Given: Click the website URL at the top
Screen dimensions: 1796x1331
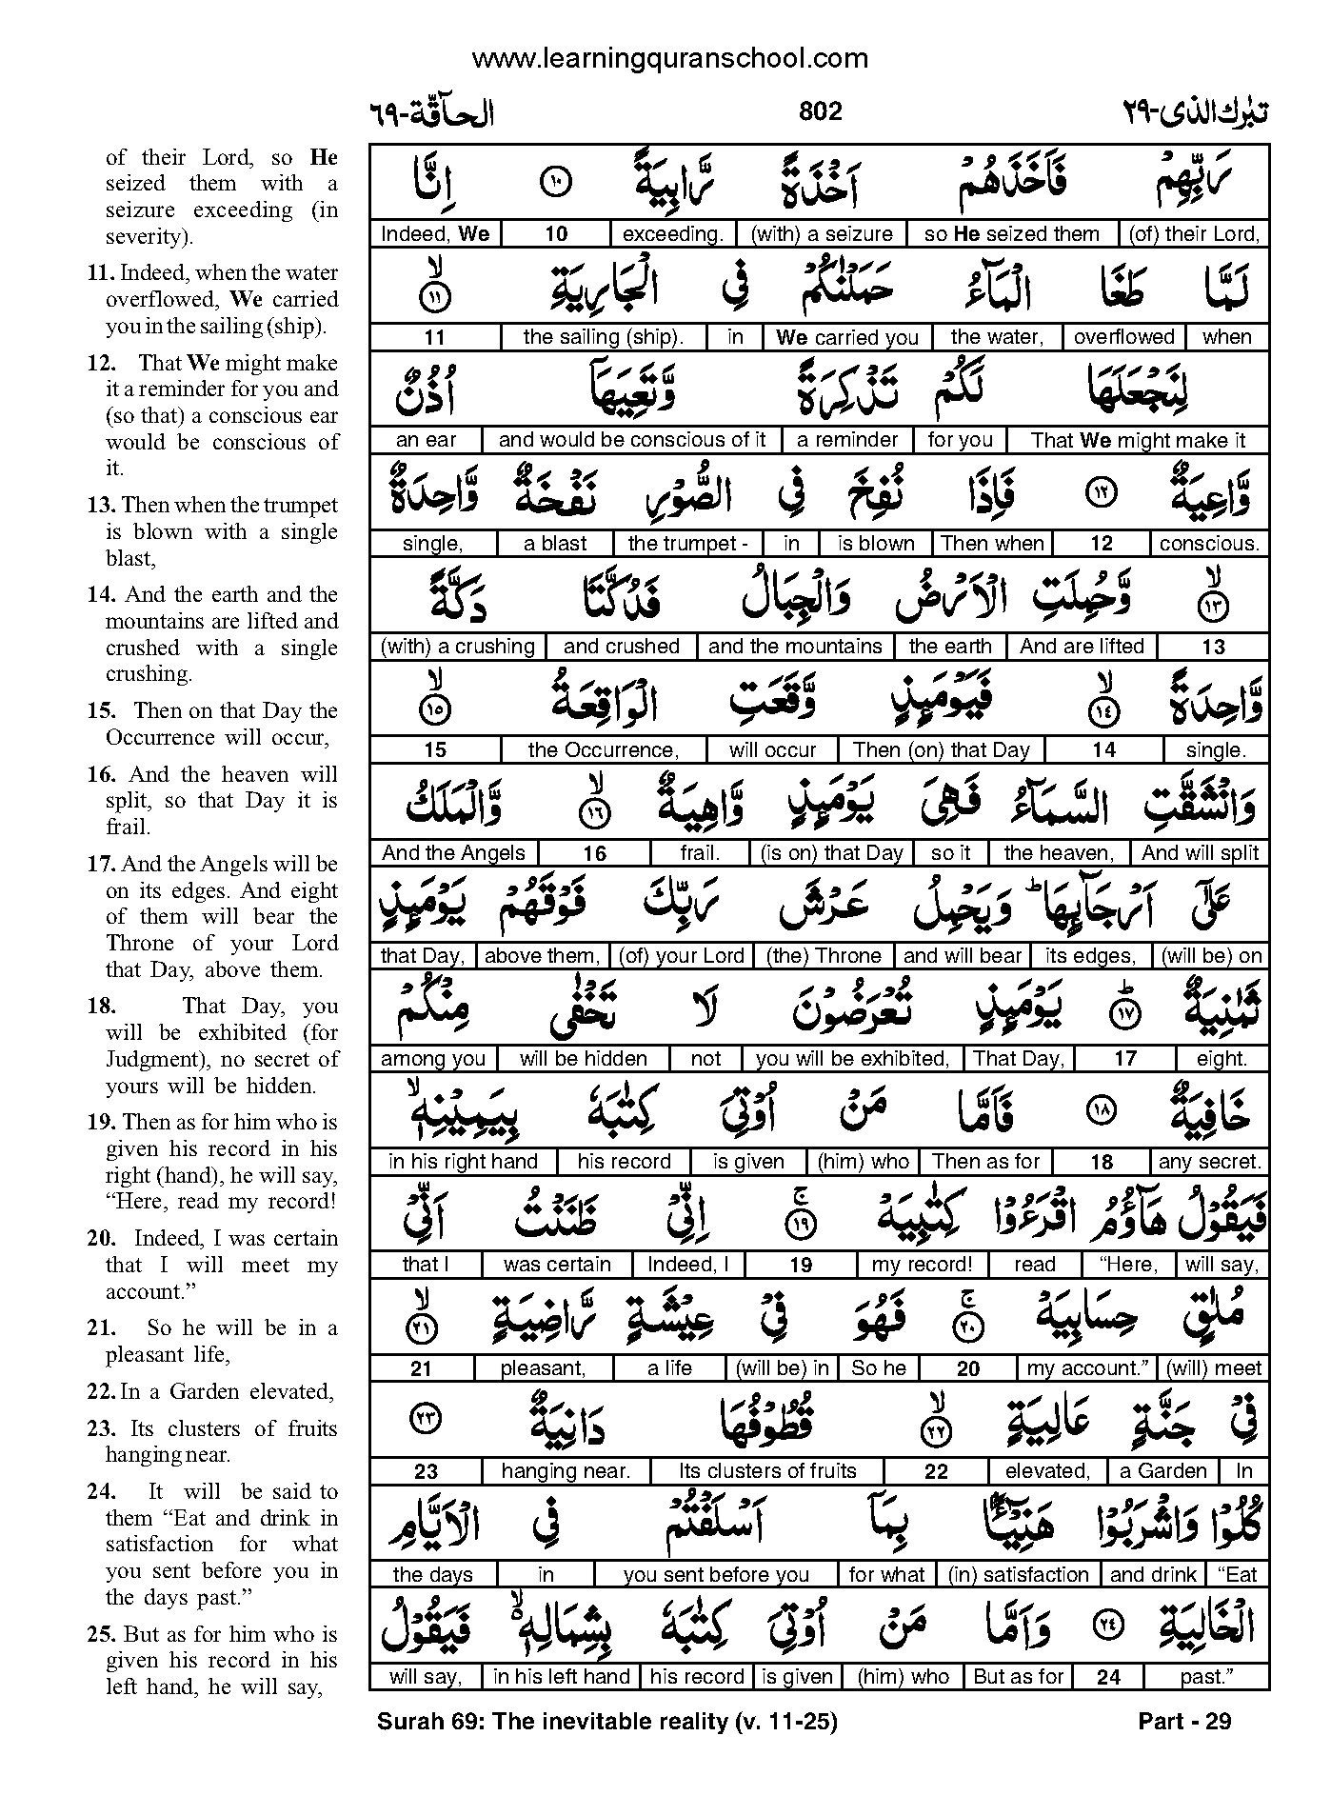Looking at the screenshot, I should point(669,59).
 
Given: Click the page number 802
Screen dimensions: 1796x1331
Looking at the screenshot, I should point(820,112).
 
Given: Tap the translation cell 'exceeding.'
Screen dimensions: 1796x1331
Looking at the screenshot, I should point(672,234).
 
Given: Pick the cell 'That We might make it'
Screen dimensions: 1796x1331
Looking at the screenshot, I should point(1138,440).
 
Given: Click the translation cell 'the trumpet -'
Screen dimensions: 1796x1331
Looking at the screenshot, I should point(688,544).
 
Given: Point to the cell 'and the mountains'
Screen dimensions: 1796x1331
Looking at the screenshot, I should point(795,647).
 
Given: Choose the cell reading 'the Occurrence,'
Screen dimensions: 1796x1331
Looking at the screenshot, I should point(604,750).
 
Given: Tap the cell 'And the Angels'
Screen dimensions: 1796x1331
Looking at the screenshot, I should point(453,853).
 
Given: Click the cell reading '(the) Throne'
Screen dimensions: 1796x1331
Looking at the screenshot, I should point(825,956).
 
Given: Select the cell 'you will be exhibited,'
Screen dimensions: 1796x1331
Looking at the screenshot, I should point(852,1059).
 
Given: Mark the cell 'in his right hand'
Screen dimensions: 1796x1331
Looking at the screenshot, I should point(463,1162).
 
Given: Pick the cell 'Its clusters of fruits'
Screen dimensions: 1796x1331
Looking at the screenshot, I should point(767,1471).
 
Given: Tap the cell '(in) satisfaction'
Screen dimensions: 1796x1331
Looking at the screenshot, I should point(1018,1575).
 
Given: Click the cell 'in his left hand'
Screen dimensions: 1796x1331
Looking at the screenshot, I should point(561,1677).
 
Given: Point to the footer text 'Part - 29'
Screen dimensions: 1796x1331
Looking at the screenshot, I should point(1184,1722).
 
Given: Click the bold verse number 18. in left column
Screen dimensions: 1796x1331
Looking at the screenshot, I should point(101,1007).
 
